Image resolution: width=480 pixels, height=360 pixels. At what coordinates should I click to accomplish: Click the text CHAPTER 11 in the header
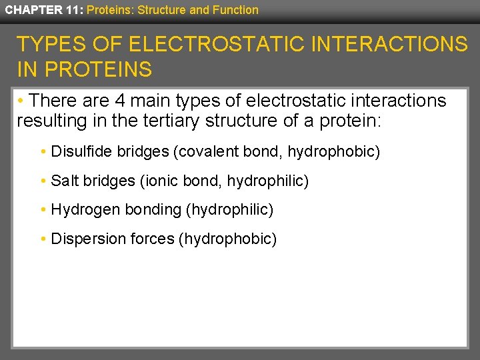coord(42,10)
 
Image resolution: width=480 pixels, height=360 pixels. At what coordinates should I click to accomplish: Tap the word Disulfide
coord(81,152)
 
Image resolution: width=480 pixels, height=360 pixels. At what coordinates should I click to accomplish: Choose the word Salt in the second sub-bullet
coord(65,181)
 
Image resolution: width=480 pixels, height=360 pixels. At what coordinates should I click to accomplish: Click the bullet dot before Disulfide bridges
coord(43,153)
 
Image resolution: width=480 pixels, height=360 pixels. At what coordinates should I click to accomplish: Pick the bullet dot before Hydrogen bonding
coord(43,210)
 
